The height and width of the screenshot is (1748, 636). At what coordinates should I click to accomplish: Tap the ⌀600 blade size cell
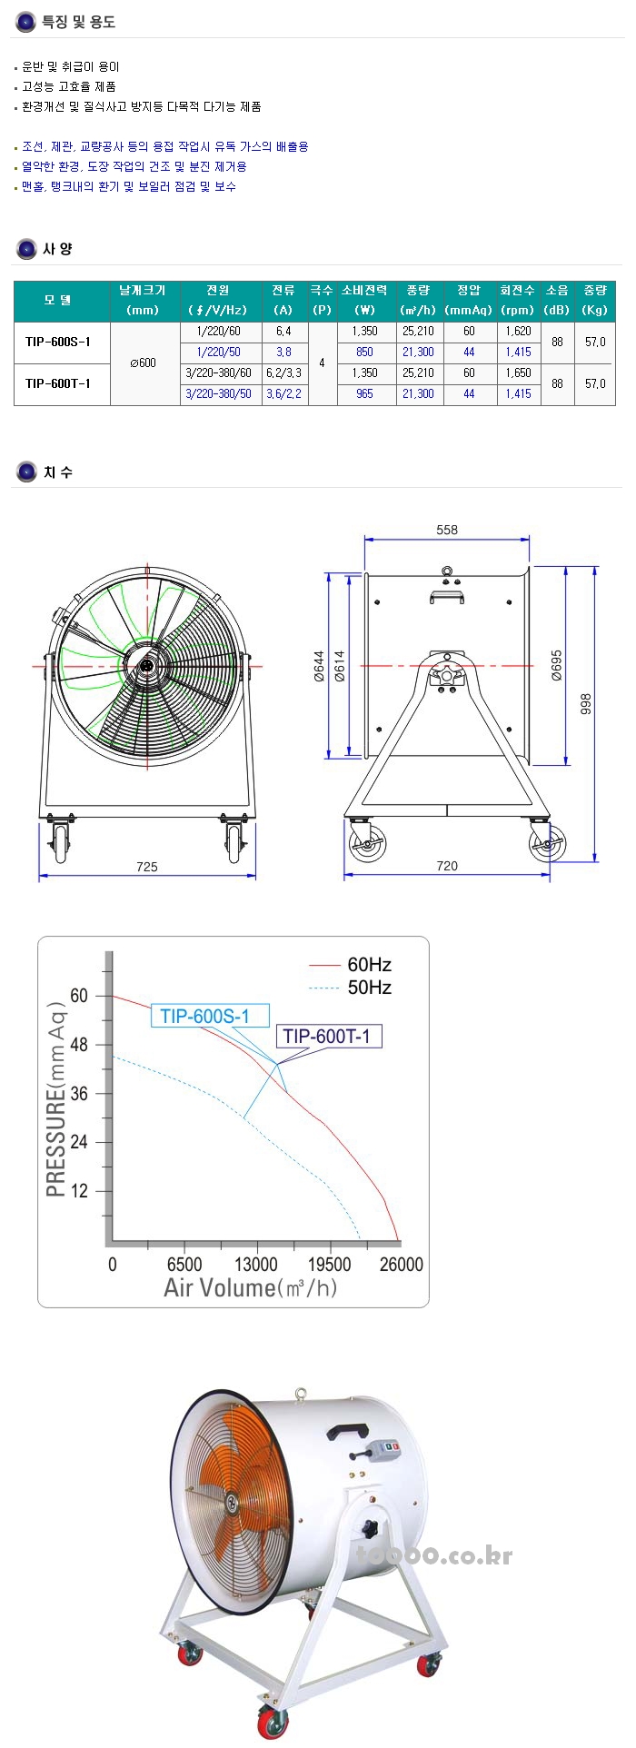tap(144, 363)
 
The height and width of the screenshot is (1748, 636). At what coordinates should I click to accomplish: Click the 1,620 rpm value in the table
tap(518, 332)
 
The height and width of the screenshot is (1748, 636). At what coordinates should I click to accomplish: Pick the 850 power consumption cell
tap(364, 353)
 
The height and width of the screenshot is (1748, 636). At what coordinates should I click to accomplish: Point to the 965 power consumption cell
tap(364, 394)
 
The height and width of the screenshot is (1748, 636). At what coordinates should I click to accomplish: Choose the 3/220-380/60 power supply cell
tap(218, 373)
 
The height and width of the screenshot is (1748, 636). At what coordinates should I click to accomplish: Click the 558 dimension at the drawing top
tap(447, 530)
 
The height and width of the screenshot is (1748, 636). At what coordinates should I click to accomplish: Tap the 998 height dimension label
tap(587, 704)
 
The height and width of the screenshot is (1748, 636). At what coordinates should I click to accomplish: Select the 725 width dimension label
tap(147, 867)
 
